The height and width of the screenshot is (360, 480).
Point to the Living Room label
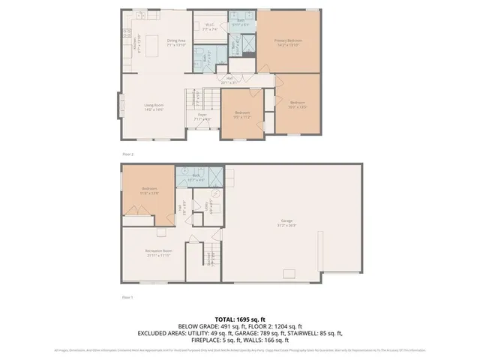(x=155, y=108)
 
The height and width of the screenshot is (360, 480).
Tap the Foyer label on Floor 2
(x=202, y=116)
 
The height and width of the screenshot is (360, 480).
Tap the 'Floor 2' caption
(x=127, y=154)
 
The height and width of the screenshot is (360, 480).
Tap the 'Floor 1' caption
(x=127, y=298)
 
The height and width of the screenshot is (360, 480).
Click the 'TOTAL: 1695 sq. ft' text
(x=239, y=319)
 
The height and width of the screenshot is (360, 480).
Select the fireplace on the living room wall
(x=118, y=106)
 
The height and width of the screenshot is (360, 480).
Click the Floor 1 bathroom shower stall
(x=215, y=177)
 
